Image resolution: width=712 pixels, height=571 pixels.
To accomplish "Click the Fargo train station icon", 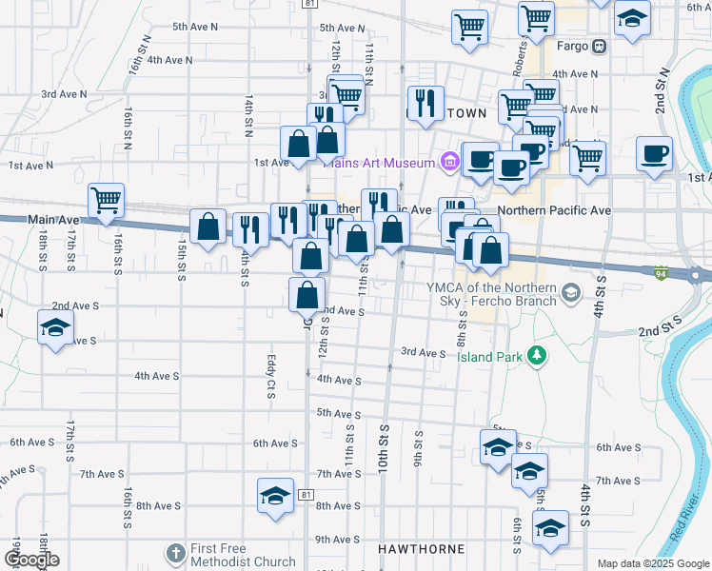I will pos(599,46).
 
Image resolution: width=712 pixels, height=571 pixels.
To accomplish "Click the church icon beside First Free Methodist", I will pos(175,553).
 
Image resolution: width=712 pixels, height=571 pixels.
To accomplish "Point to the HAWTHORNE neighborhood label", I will pos(422,549).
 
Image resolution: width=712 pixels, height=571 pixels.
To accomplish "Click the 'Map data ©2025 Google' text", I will pos(652,563).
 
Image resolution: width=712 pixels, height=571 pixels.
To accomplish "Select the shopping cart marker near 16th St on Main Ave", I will pos(106,200).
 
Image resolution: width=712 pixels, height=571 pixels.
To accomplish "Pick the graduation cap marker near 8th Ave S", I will pos(276,496).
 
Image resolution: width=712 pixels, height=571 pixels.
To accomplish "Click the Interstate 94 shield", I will pos(660,274).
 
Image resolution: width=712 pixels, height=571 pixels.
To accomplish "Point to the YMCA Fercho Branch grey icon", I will pos(570,292).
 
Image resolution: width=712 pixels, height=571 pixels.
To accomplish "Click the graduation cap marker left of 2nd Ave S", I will pos(55,328).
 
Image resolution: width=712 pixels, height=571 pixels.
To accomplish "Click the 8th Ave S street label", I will pos(155,506).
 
